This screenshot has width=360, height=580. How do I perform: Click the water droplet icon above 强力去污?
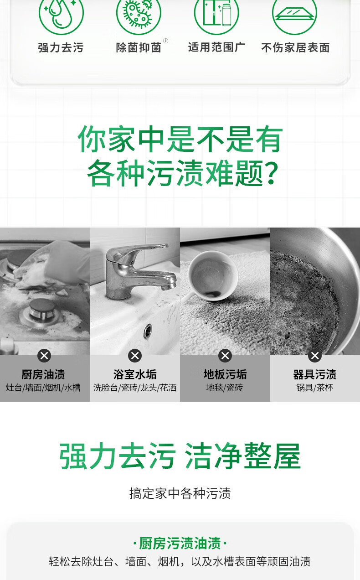(61, 12)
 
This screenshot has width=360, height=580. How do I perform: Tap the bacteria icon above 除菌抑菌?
(139, 12)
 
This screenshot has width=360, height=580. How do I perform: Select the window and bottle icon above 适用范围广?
(216, 12)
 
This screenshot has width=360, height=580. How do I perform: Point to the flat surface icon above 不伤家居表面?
(294, 12)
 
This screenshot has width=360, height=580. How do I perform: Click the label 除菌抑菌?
(139, 47)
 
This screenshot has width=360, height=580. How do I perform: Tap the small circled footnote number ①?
(165, 41)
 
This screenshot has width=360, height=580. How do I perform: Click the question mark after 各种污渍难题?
(271, 172)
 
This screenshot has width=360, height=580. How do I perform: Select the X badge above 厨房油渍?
(44, 356)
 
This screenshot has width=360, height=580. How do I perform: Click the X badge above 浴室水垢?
(135, 356)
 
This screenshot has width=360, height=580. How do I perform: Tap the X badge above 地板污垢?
(225, 356)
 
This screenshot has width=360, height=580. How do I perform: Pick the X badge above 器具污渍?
(315, 356)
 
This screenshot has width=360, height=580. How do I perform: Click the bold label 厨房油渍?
(43, 374)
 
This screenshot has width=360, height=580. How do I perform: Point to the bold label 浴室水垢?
(135, 374)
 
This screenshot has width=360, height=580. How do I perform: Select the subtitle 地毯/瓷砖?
(225, 388)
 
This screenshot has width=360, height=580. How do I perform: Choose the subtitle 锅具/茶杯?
(315, 388)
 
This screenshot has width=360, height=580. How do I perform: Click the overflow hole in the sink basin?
(148, 331)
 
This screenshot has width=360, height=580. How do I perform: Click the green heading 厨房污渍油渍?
(180, 543)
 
